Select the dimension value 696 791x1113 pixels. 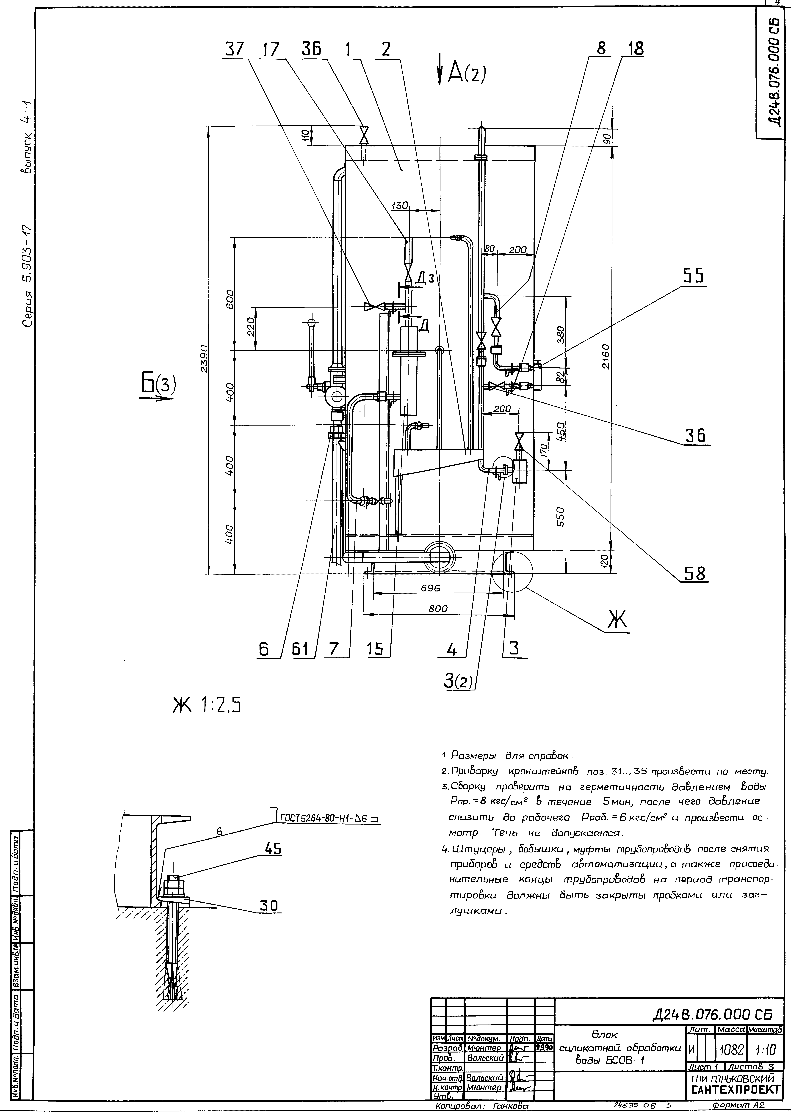[431, 588]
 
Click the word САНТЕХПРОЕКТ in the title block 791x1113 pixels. [735, 1086]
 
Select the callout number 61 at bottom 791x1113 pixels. [302, 650]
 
